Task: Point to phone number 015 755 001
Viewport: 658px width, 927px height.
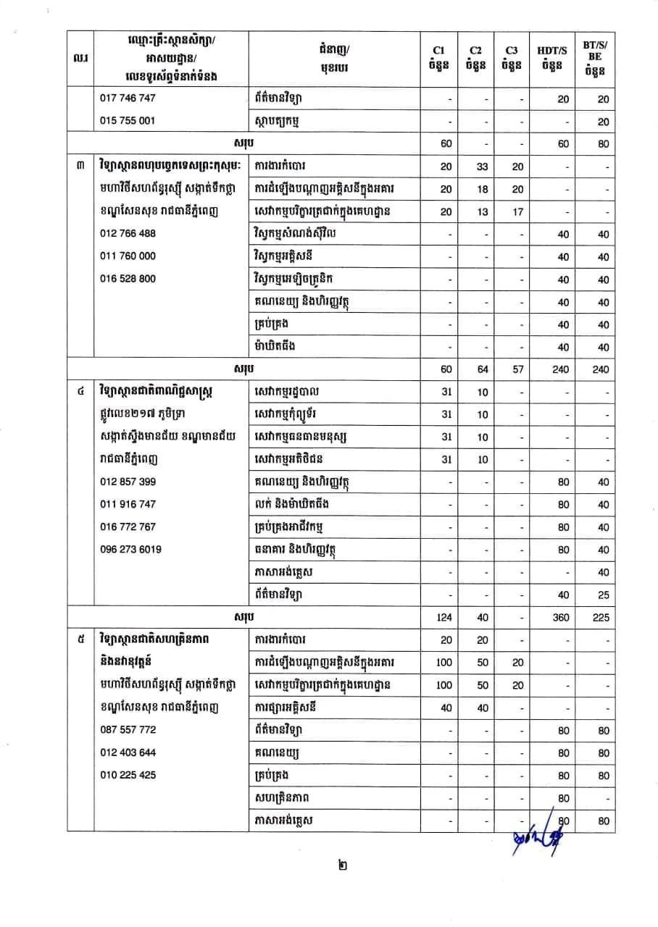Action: pos(128,121)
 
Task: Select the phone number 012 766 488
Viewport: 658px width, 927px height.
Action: pos(128,234)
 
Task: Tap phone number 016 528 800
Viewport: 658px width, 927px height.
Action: pos(128,279)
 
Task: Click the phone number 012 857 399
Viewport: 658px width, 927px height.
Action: pos(128,482)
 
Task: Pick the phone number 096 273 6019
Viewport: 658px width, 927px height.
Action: pos(131,549)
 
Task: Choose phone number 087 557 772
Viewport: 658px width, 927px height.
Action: pos(128,730)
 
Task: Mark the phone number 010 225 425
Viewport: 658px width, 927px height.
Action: pos(128,775)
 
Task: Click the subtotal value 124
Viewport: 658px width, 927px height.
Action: pos(446,618)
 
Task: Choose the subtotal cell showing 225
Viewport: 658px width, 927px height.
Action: pos(600,618)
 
